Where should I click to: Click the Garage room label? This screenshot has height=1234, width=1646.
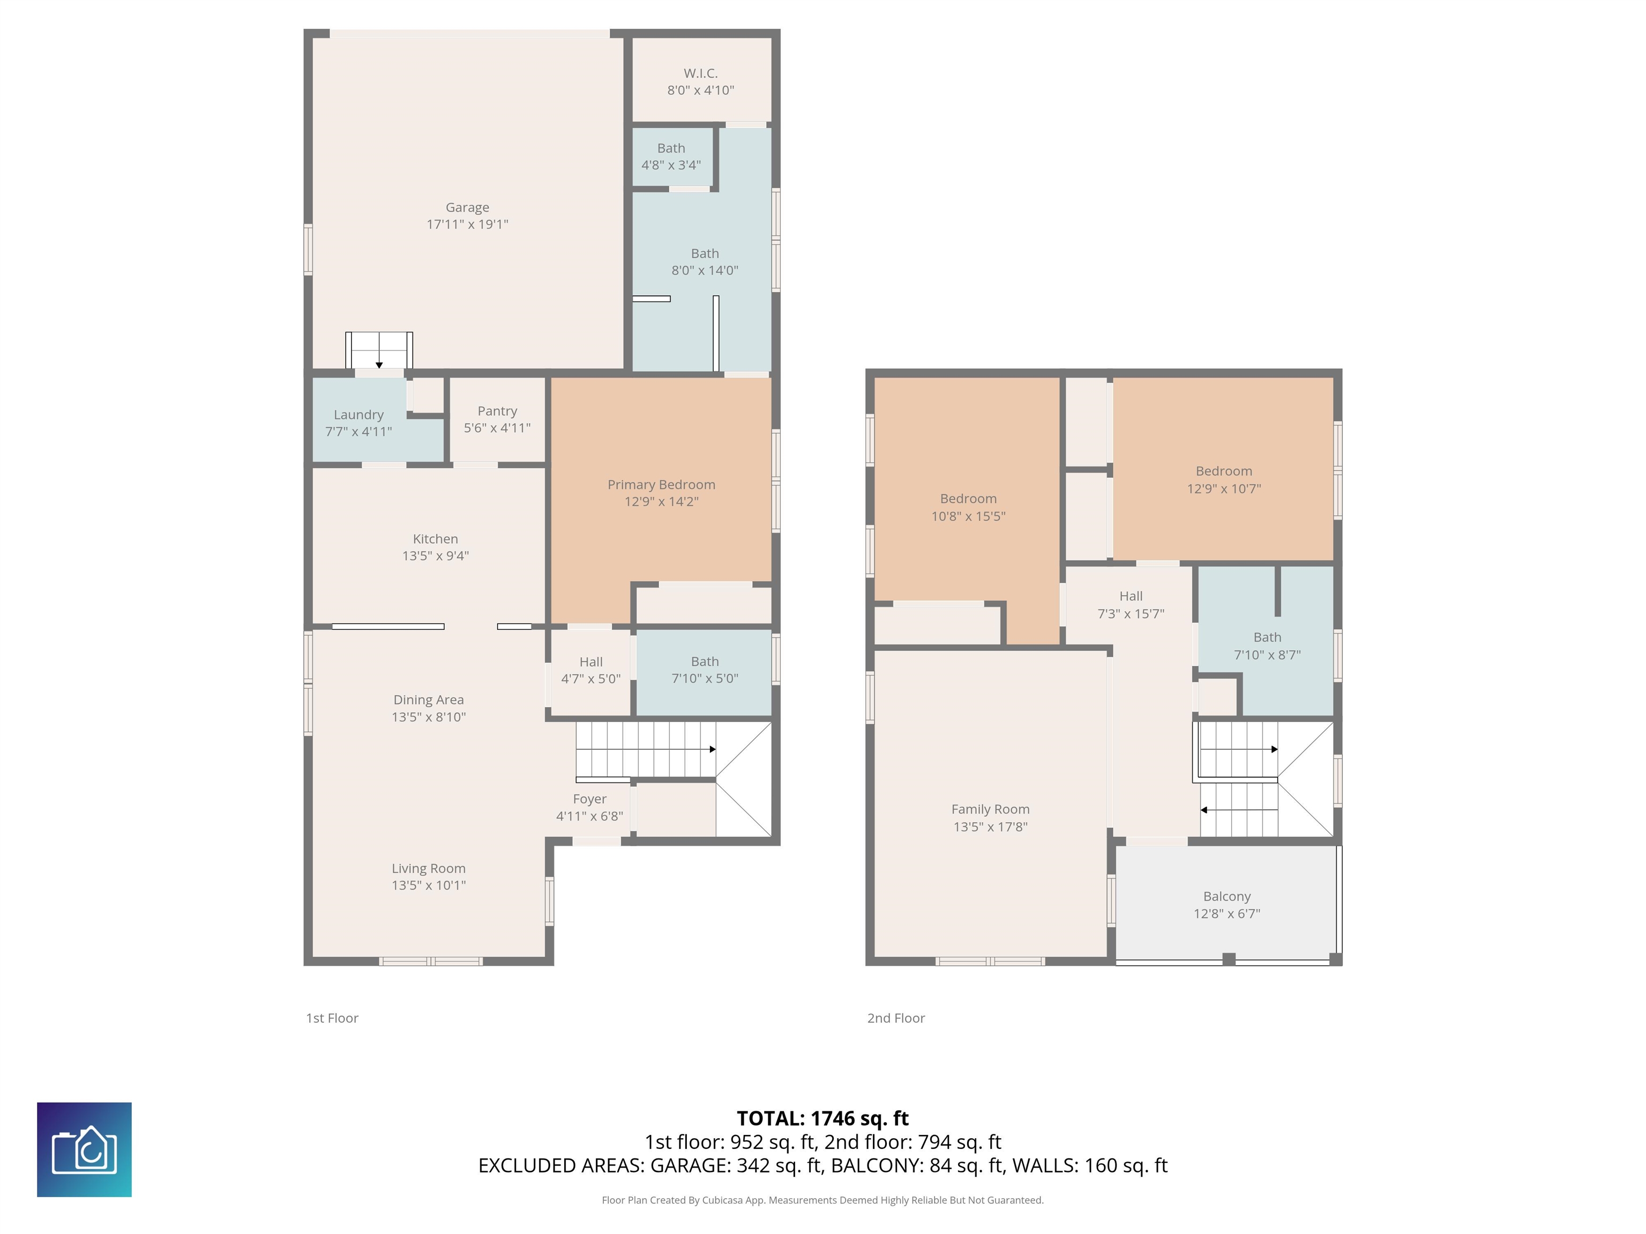click(x=467, y=207)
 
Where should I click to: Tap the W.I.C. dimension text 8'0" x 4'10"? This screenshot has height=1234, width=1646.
click(x=700, y=90)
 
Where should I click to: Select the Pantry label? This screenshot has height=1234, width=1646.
click(x=497, y=411)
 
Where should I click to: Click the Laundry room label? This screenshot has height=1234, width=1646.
click(x=358, y=415)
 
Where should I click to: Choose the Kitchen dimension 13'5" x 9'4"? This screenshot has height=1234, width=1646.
click(x=435, y=555)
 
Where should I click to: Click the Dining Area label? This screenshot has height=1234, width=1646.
click(x=429, y=700)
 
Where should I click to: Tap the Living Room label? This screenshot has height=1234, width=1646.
click(x=429, y=869)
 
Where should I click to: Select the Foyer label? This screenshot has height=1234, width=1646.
click(x=589, y=800)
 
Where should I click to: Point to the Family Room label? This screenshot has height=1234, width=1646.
click(x=990, y=809)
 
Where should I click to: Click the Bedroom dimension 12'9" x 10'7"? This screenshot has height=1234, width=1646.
click(x=1224, y=488)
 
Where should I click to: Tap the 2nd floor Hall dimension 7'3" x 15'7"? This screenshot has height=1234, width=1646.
click(x=1131, y=614)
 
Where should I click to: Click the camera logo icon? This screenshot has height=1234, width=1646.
click(x=84, y=1150)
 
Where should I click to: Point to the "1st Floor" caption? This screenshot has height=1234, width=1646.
click(x=332, y=1018)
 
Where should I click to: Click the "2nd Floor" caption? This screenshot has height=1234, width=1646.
click(x=896, y=1018)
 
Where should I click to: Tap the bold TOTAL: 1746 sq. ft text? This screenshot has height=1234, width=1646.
click(x=822, y=1119)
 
